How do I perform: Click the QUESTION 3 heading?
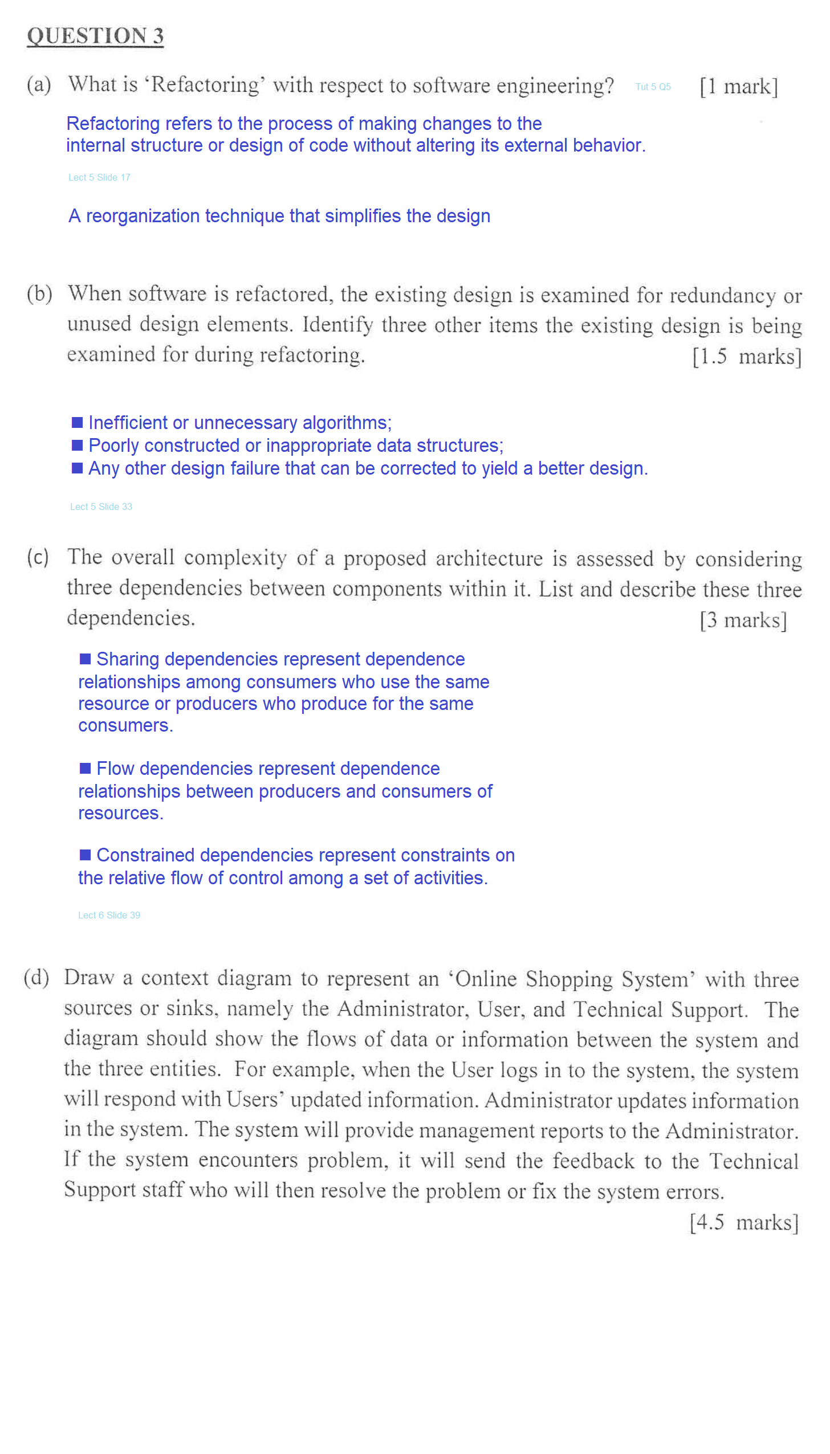[95, 36]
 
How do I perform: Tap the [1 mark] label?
[738, 87]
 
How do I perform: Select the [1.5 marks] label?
[746, 357]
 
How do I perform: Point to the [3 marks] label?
[743, 620]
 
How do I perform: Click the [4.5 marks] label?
[743, 1222]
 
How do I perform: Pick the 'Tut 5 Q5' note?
[653, 87]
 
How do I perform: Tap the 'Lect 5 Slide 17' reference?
[99, 177]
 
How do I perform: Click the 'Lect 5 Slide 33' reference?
[101, 507]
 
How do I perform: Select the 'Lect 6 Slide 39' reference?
[109, 915]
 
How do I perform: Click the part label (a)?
[39, 85]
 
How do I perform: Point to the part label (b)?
[39, 294]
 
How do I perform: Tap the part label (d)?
[36, 978]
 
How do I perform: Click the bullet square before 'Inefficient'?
[77, 422]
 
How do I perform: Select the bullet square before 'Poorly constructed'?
[77, 445]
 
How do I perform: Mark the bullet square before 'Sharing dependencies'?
[85, 659]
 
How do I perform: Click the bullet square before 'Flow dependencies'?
[85, 768]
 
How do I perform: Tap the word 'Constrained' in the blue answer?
[145, 855]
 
